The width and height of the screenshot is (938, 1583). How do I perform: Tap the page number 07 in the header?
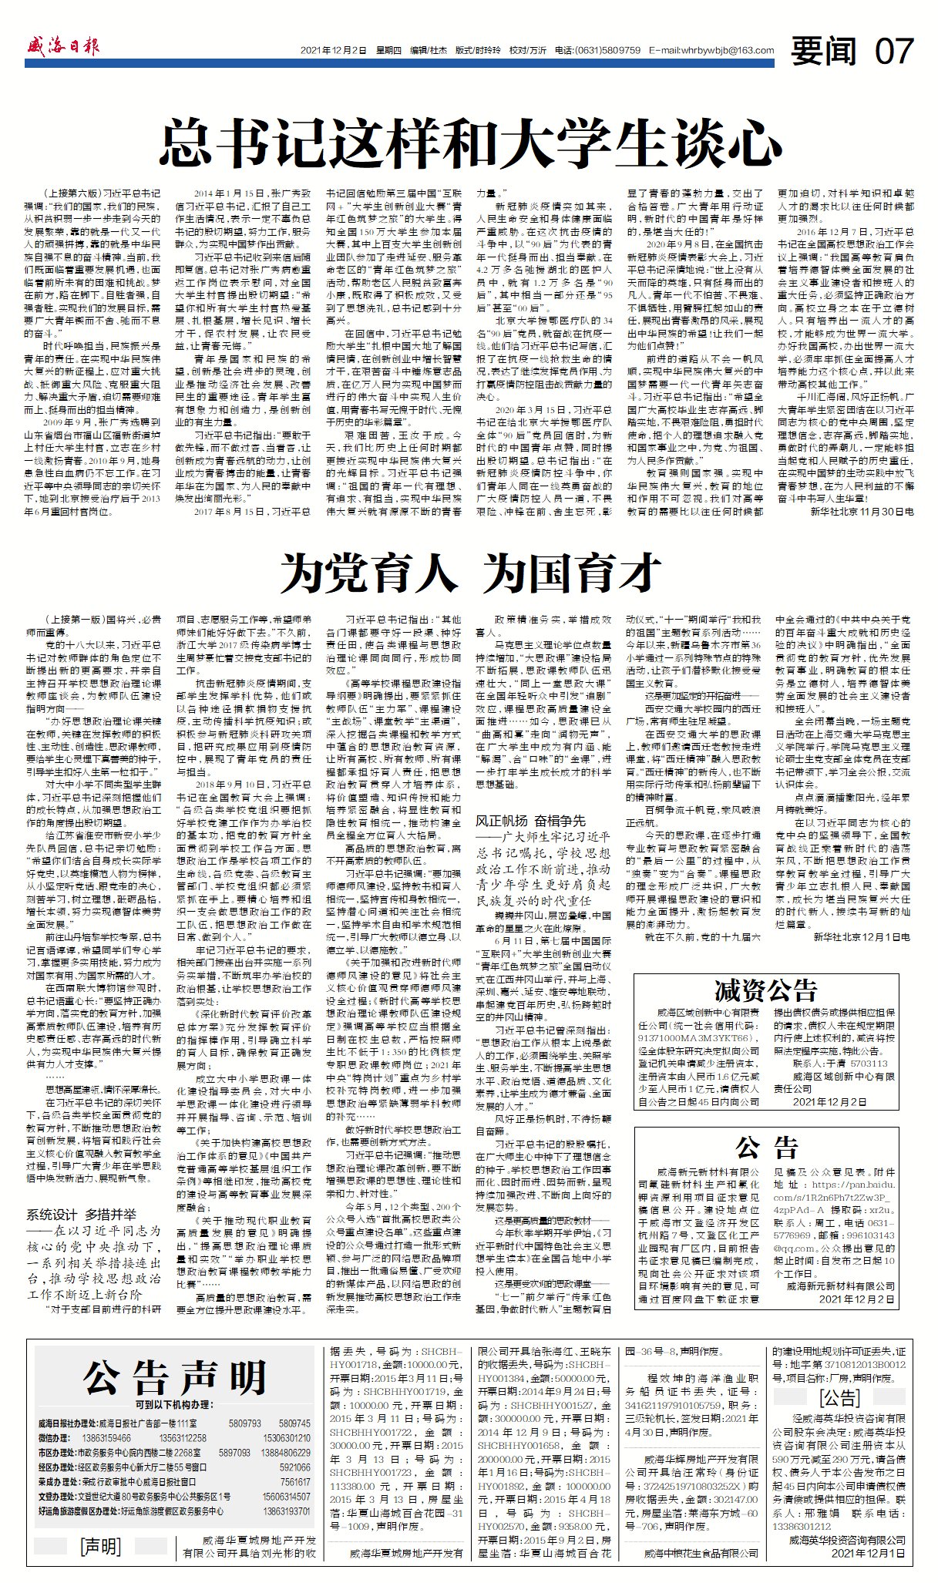(x=895, y=51)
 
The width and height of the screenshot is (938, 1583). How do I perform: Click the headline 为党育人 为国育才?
(x=470, y=573)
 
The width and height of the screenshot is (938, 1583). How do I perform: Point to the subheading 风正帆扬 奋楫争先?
(x=530, y=822)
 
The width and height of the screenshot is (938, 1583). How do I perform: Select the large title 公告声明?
(x=175, y=1377)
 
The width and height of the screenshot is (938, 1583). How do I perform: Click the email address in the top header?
(x=711, y=51)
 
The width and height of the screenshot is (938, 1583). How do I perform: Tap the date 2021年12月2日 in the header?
(x=334, y=51)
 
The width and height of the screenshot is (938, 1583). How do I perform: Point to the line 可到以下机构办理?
(x=175, y=1405)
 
